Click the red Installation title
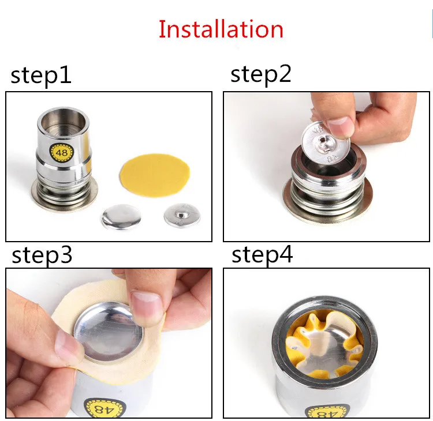221,29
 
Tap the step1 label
41,76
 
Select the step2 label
261,74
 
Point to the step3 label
42,255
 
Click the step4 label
262,254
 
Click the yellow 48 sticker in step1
62,152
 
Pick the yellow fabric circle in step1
155,175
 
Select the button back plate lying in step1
182,216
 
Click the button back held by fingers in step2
326,144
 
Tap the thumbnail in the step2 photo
338,126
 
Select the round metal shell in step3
109,332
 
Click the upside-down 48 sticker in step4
327,412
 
